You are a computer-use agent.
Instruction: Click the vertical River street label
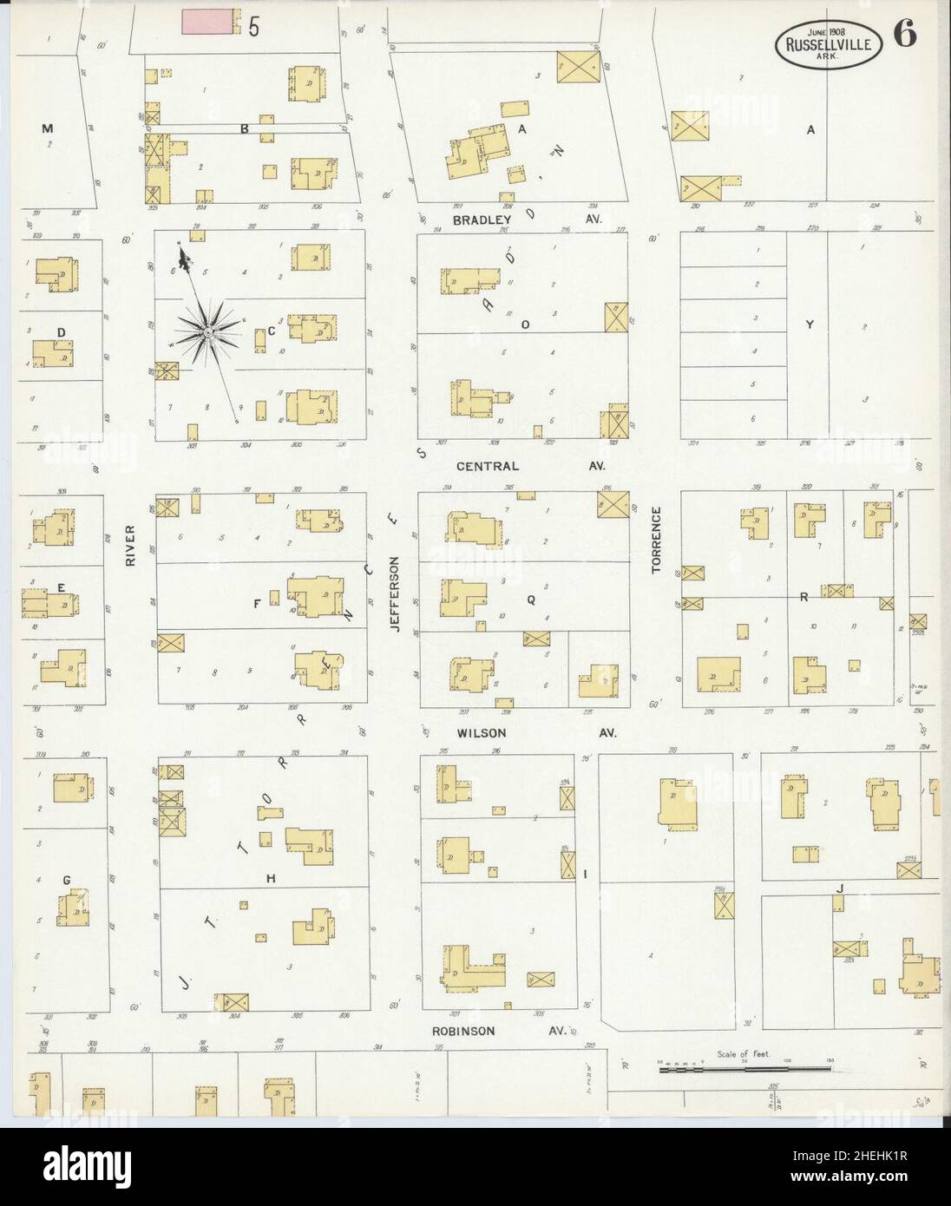[x=131, y=547]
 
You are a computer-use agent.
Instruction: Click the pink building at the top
[x=208, y=23]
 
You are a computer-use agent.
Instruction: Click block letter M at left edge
[x=47, y=128]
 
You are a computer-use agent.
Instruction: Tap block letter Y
[x=809, y=325]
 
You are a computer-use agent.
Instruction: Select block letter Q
[x=530, y=599]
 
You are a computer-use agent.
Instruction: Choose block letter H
[x=272, y=879]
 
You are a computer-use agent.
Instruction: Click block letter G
[x=66, y=880]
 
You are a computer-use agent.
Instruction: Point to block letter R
[x=803, y=597]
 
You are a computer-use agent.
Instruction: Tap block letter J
[x=840, y=888]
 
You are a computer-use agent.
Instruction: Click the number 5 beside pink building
[x=253, y=26]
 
